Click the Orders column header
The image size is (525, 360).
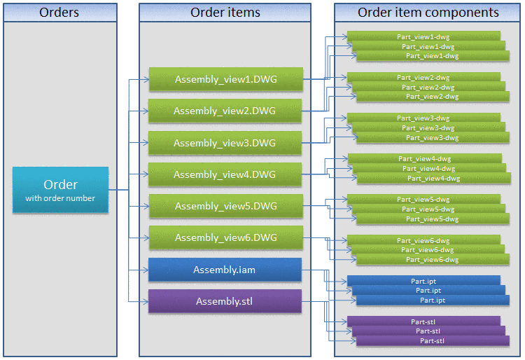[x=59, y=13]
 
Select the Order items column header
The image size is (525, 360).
[x=225, y=13]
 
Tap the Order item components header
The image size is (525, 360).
[x=428, y=13]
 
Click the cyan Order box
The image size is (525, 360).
[x=60, y=190]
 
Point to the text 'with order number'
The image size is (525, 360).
[x=60, y=198]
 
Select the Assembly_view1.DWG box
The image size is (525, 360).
[x=225, y=79]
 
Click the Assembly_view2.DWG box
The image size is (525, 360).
[x=225, y=111]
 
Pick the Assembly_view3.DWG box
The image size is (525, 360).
[x=225, y=143]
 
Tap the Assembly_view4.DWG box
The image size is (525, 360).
[x=225, y=174]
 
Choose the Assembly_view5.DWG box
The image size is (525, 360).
[x=225, y=206]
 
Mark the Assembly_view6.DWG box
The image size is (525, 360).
[x=225, y=237]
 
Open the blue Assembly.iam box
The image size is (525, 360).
[x=225, y=270]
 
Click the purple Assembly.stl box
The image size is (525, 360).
[x=225, y=301]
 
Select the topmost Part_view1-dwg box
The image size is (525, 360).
[x=423, y=36]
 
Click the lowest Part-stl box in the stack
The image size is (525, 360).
[x=433, y=341]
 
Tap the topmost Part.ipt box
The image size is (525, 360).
[x=423, y=280]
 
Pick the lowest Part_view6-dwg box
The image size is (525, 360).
[x=433, y=260]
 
